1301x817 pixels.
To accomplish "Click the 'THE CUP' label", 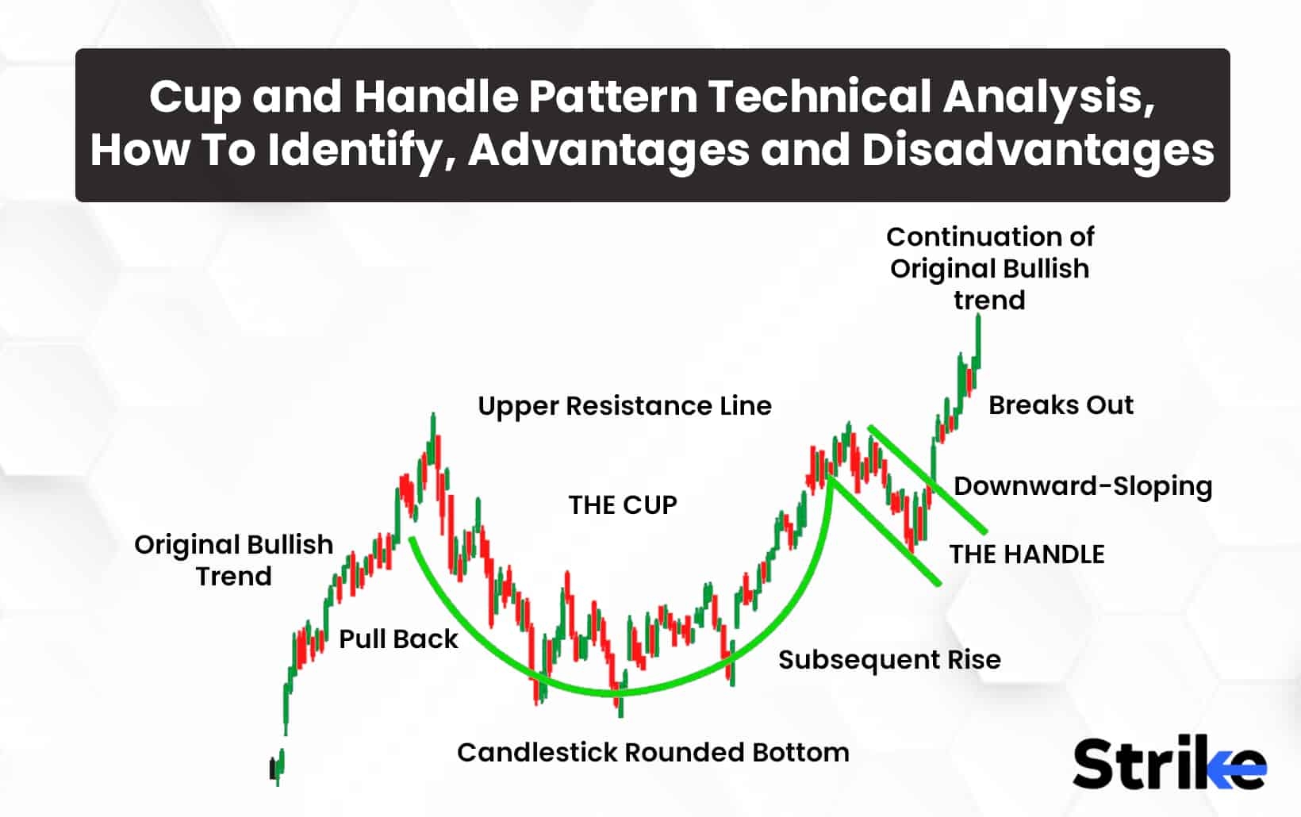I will pos(623,505).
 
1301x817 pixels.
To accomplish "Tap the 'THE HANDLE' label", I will pos(1027,554).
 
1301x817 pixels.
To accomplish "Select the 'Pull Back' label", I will pos(398,639).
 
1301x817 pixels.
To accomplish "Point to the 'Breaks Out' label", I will pos(1061,405).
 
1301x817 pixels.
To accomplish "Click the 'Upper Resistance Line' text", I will pos(624,406).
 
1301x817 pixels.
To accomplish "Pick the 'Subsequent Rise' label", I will pos(889,660).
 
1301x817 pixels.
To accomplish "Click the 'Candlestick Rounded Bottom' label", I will pos(653,753).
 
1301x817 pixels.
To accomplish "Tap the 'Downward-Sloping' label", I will pos(1083,486).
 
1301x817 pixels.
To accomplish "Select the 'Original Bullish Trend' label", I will pos(234,560).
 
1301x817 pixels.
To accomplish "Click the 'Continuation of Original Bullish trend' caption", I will pos(989,268).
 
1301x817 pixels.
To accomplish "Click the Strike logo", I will pos(1169,763).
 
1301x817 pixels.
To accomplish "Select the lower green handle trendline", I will pos(885,531).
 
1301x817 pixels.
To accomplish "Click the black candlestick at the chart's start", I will pos(272,769).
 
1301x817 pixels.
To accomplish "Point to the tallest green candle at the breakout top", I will pos(978,341).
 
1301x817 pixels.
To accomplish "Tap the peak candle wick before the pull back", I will pos(433,424).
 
